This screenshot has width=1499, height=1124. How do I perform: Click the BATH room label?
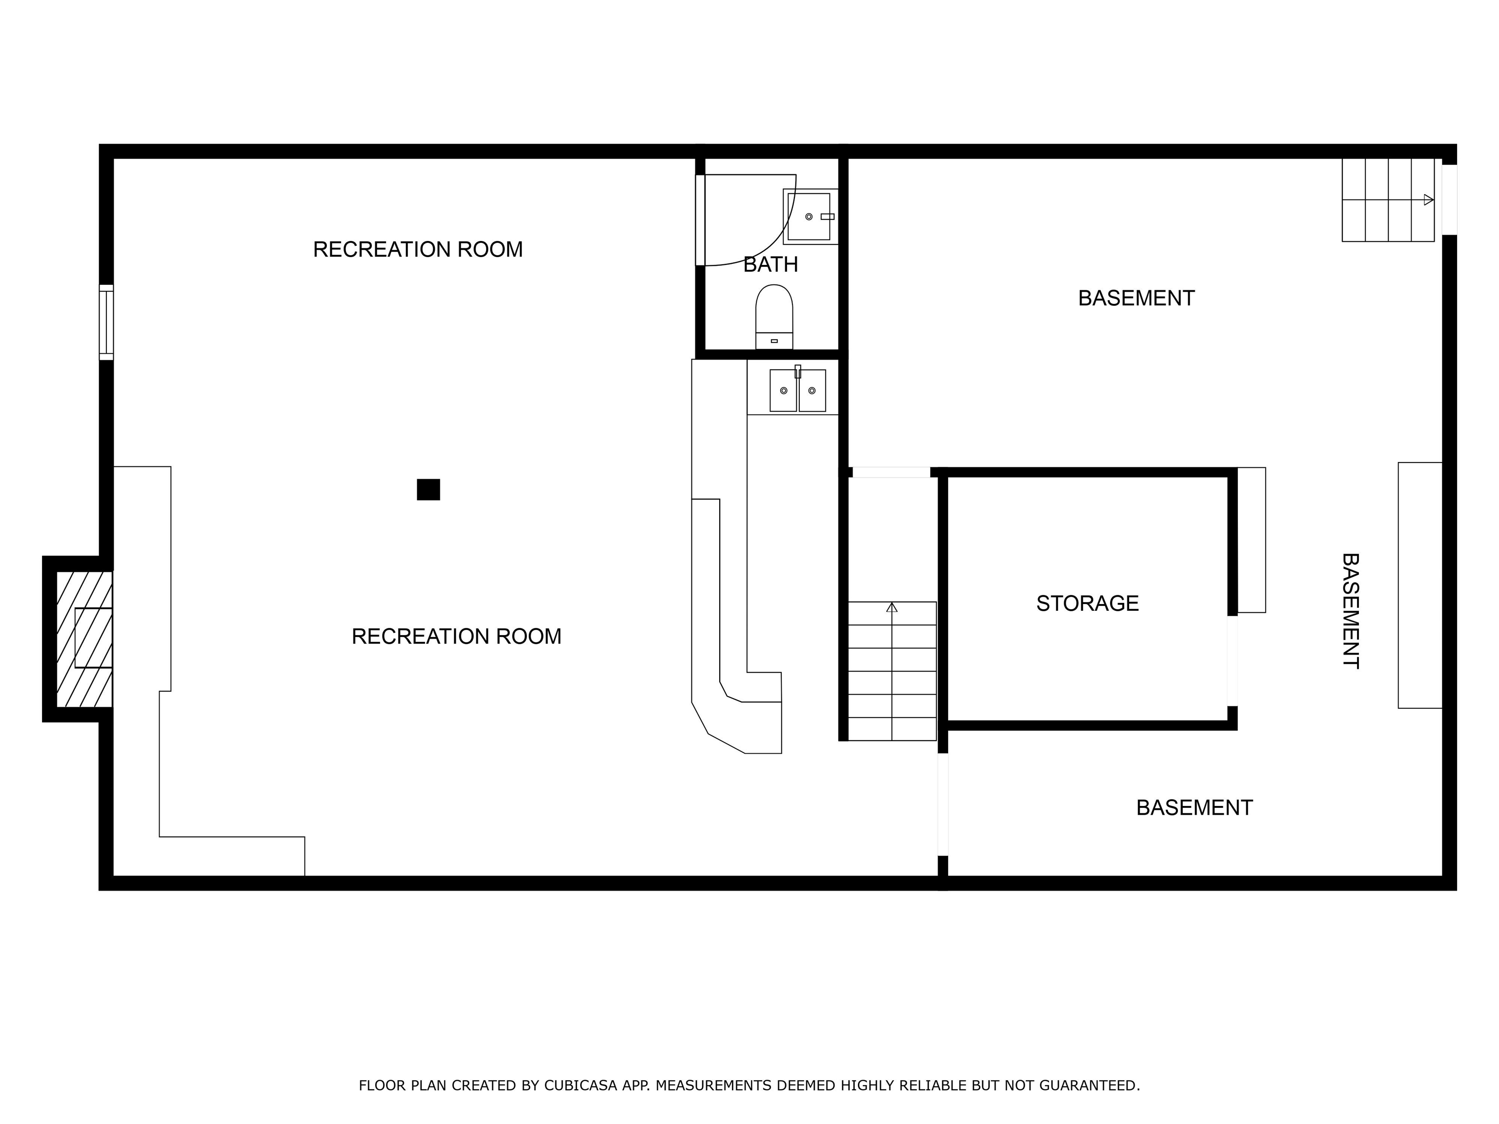(x=770, y=265)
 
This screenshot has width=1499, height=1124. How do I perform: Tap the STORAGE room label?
(x=1087, y=603)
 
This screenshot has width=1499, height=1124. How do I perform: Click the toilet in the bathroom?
(x=774, y=316)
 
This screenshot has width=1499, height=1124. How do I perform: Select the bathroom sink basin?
(x=809, y=217)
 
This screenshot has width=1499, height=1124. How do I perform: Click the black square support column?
(x=428, y=489)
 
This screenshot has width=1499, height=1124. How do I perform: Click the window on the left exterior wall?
(x=106, y=322)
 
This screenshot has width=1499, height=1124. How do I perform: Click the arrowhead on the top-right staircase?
(x=1429, y=200)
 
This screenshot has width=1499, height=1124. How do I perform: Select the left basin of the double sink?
(x=783, y=391)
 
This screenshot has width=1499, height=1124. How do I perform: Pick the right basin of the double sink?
(x=812, y=391)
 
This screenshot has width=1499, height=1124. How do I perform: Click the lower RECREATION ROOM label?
(x=456, y=636)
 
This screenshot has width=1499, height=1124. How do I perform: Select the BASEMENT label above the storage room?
(x=1136, y=298)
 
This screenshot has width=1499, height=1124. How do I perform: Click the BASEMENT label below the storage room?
(x=1194, y=807)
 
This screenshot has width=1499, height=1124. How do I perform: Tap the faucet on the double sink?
(x=798, y=371)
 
